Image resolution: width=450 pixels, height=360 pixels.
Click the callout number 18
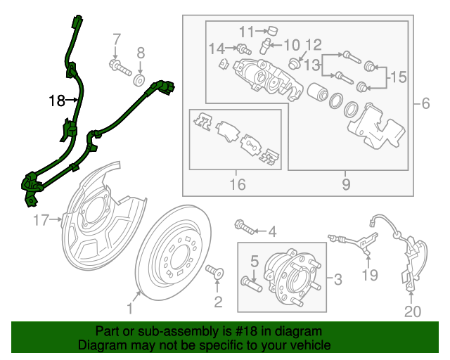(57, 101)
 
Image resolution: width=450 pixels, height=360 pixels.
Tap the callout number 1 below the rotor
(129, 308)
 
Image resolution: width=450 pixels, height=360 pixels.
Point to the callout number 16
(238, 185)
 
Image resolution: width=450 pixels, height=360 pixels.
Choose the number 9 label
(346, 185)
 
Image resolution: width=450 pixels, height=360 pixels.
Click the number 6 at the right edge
(426, 104)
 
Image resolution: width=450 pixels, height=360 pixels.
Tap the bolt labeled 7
(119, 68)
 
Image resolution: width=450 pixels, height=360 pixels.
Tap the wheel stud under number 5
(252, 285)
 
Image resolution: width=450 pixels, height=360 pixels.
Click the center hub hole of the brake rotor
(180, 259)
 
